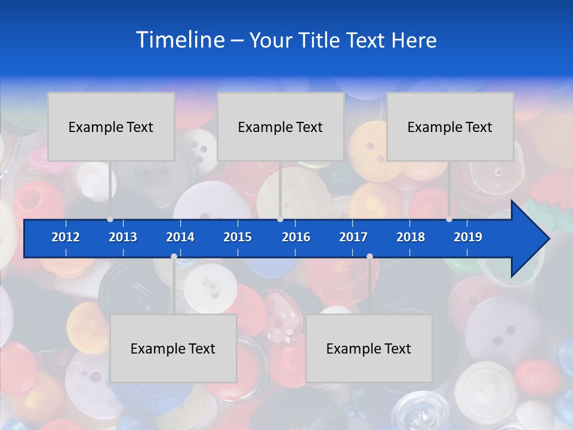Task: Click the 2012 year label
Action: coord(66,237)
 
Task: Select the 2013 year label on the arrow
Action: coord(123,237)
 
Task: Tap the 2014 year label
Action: coord(180,237)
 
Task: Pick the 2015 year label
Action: coord(238,237)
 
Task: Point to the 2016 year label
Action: coord(296,237)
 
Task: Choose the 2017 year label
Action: coord(353,237)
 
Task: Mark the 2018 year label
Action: coord(411,237)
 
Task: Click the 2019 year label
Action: coord(468,237)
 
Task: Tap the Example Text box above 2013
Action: coord(111,127)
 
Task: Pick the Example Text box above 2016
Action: coord(281,127)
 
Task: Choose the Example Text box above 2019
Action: coord(450,127)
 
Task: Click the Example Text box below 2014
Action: coord(173,348)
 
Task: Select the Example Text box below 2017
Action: coord(369,348)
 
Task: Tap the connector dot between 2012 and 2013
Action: coord(110,219)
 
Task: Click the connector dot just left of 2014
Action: coord(174,257)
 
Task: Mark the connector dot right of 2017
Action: coord(369,257)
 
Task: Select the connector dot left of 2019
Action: coord(449,219)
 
